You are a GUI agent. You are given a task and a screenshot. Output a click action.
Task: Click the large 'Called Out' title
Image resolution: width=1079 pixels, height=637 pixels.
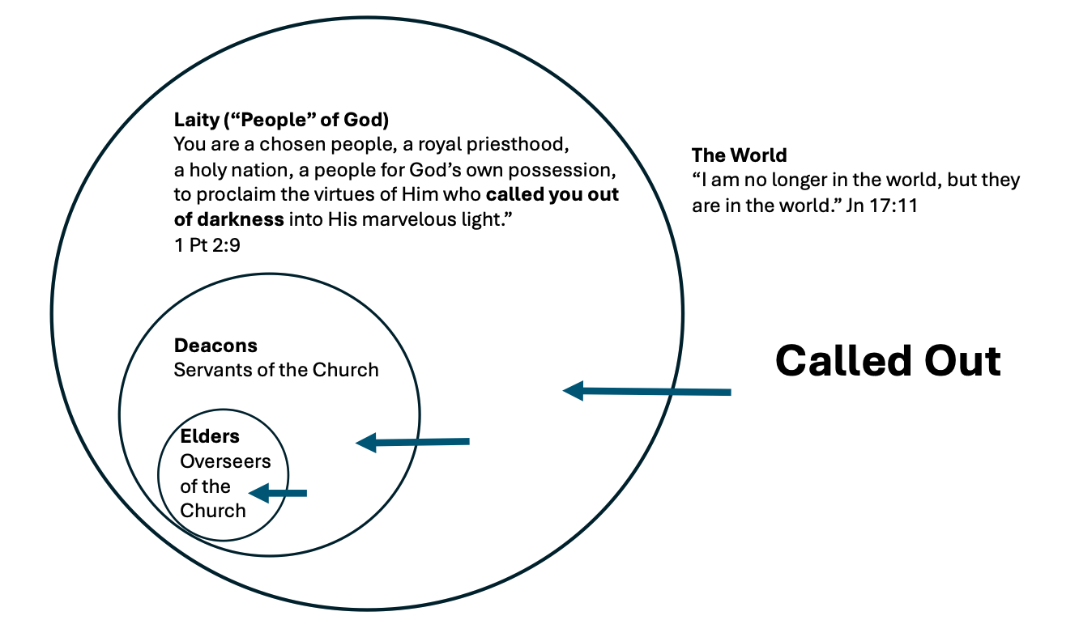[888, 360]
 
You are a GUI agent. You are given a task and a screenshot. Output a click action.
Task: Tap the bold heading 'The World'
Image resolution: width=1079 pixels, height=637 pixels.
[739, 155]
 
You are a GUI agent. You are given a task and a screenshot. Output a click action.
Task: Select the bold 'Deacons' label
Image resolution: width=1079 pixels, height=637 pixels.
[215, 346]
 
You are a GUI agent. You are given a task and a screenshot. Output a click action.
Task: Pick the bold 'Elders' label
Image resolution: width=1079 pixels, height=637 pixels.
[210, 437]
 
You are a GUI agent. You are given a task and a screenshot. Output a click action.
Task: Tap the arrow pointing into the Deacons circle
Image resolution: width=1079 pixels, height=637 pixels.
[413, 442]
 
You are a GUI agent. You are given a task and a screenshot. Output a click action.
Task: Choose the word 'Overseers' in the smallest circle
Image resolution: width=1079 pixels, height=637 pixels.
[225, 462]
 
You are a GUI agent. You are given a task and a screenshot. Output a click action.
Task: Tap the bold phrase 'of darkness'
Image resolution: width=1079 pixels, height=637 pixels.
[228, 219]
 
